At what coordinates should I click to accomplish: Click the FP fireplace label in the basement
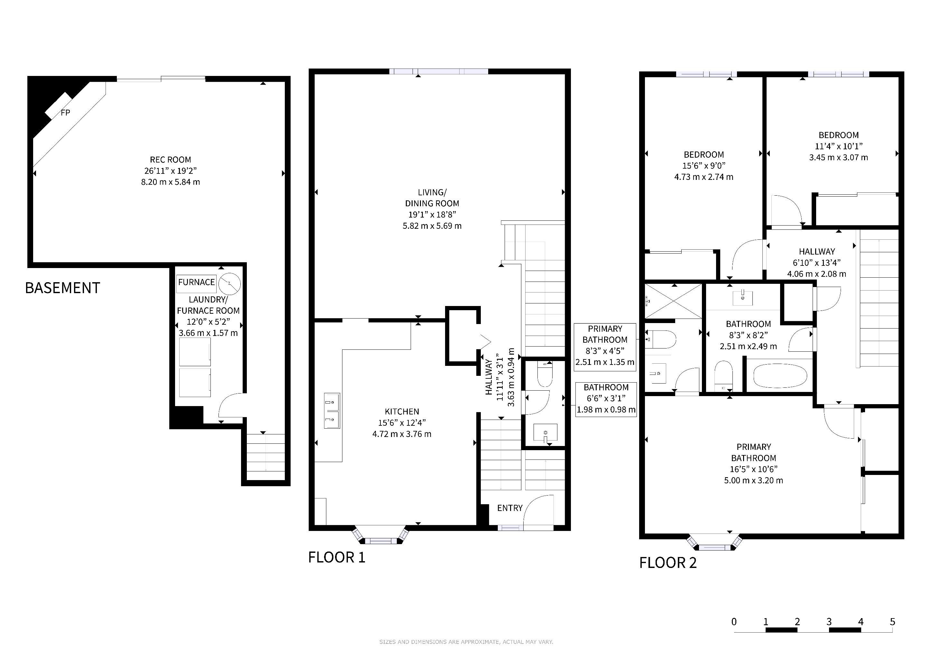tap(65, 113)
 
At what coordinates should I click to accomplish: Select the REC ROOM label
tap(171, 160)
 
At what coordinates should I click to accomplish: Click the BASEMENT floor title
tap(62, 288)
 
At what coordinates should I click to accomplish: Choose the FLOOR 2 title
tap(668, 563)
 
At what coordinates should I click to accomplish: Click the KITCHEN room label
tap(402, 412)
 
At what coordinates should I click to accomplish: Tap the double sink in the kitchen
tap(332, 411)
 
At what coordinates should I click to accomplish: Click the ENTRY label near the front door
tap(510, 508)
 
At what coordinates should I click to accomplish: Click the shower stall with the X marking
tap(674, 302)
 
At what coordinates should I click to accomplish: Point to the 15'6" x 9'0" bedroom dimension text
tap(704, 166)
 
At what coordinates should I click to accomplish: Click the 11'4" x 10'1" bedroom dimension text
tap(839, 146)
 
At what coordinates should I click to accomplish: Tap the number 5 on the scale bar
tap(892, 622)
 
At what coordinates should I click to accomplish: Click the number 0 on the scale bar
tap(734, 622)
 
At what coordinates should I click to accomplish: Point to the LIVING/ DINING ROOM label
tap(432, 198)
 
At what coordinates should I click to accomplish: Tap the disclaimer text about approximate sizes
tap(466, 642)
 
